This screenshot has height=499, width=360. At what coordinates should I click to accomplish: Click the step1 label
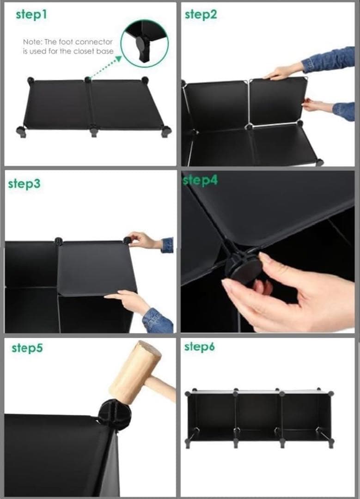pos(31,14)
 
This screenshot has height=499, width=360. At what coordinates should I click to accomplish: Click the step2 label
pos(201,14)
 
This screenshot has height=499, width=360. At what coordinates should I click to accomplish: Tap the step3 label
pos(24,184)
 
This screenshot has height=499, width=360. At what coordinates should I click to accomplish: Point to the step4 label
pos(201,180)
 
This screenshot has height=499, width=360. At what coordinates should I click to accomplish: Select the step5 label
pos(27,348)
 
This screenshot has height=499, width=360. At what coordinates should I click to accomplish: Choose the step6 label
pos(200,347)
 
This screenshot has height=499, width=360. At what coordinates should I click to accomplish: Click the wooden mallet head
pos(135,373)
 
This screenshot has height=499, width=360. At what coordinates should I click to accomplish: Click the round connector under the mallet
pos(114,413)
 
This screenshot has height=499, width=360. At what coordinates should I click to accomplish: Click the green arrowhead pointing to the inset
pos(118,59)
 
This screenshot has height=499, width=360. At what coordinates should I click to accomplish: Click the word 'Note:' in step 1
pos(32,42)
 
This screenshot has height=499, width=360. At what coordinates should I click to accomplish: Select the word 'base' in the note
pos(105,51)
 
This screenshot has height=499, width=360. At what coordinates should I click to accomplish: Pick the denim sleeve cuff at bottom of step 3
pos(157,321)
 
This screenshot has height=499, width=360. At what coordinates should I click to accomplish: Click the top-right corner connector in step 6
pos(330,394)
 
